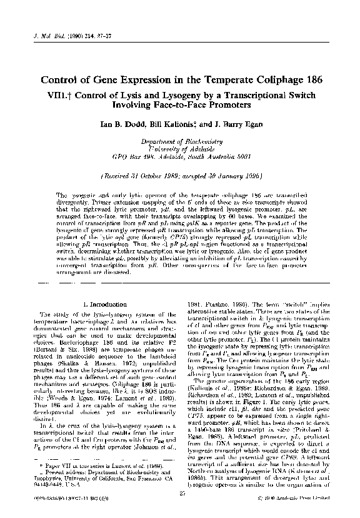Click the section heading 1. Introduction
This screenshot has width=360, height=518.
[x=101, y=304]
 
